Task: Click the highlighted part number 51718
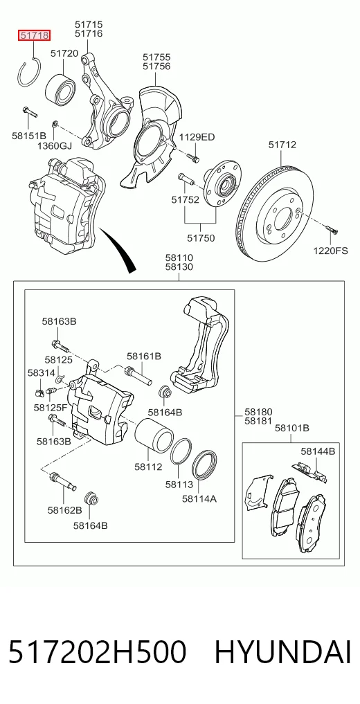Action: click(x=34, y=35)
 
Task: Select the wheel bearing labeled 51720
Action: click(x=61, y=87)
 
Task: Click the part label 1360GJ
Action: click(x=54, y=145)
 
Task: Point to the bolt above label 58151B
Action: click(x=30, y=111)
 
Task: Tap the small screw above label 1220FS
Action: click(x=332, y=231)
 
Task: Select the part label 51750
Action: click(x=201, y=238)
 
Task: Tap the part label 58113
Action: click(x=179, y=485)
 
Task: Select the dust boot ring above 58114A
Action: click(x=205, y=464)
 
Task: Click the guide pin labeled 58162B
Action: click(x=63, y=481)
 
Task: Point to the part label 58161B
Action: click(x=143, y=356)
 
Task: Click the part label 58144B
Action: click(x=318, y=451)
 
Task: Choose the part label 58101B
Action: click(x=291, y=428)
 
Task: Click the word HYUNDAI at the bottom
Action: click(x=282, y=652)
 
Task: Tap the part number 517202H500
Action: click(x=97, y=652)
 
